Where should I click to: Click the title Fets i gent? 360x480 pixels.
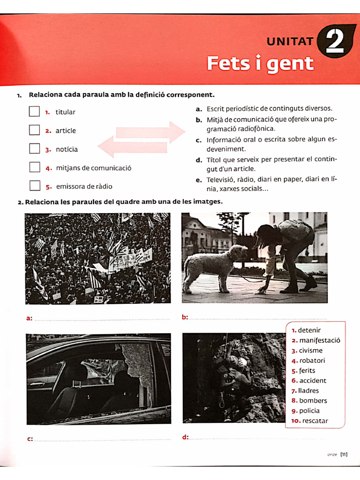pyautogui.click(x=260, y=63)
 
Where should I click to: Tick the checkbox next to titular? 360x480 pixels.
pyautogui.click(x=34, y=112)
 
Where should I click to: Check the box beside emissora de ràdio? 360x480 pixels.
pyautogui.click(x=35, y=186)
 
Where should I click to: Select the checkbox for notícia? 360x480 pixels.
pyautogui.click(x=34, y=149)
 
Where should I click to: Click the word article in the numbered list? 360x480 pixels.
pyautogui.click(x=65, y=131)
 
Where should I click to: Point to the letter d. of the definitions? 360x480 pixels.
pyautogui.click(x=199, y=160)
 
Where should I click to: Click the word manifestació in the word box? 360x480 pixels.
pyautogui.click(x=320, y=341)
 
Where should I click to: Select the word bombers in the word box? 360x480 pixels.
pyautogui.click(x=313, y=401)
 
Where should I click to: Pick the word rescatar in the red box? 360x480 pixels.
pyautogui.click(x=315, y=421)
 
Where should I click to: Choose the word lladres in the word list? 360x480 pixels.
pyautogui.click(x=308, y=391)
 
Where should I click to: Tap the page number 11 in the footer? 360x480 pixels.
pyautogui.click(x=344, y=454)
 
